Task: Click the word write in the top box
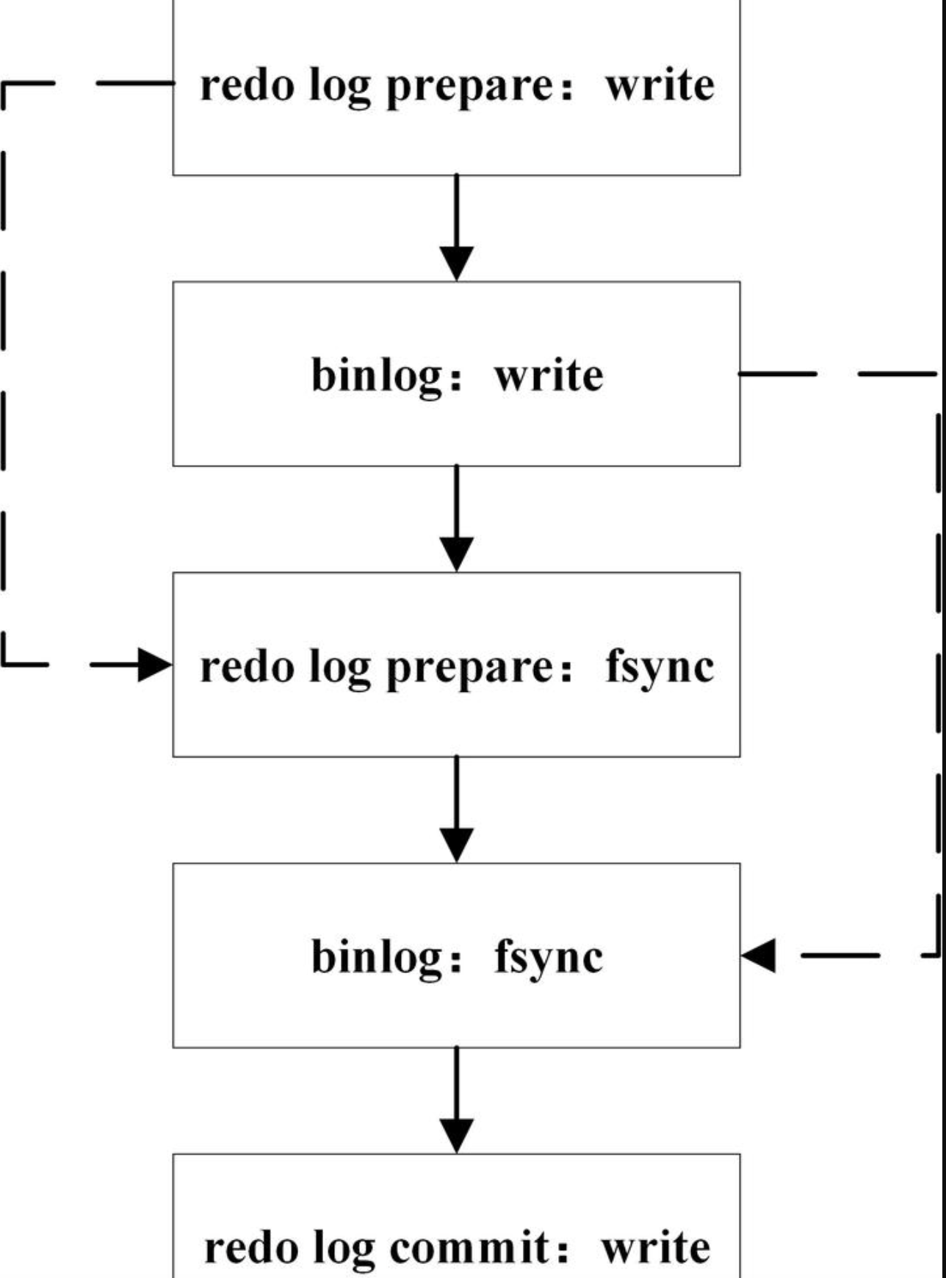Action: [x=659, y=85]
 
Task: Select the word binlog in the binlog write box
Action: [x=377, y=376]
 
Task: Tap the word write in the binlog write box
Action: [x=549, y=376]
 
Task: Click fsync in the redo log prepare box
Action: [x=659, y=667]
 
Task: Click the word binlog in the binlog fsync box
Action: [x=377, y=958]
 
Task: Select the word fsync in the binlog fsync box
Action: [x=549, y=958]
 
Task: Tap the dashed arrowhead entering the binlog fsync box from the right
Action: [x=759, y=956]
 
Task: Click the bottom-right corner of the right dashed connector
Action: [x=938, y=955]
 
